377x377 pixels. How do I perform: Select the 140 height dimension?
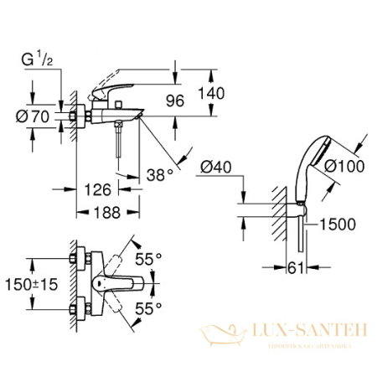click(x=215, y=94)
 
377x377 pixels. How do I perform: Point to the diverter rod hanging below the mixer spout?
click(x=118, y=141)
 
